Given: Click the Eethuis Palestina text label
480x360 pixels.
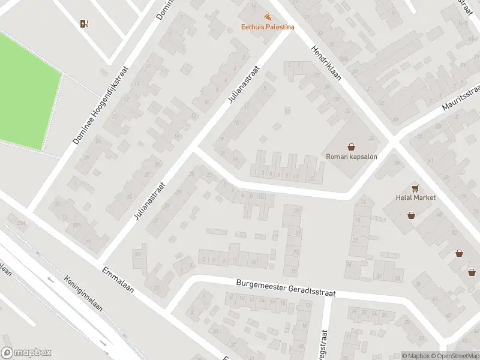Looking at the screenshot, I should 268,26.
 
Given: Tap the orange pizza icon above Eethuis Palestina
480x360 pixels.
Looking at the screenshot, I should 268,17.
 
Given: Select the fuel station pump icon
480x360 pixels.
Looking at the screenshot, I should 83,24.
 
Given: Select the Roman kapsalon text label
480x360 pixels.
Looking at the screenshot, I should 350,157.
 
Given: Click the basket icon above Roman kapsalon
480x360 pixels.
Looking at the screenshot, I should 351,146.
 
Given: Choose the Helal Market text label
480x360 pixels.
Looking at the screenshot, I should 415,197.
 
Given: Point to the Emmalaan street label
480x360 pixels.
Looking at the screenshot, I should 118,281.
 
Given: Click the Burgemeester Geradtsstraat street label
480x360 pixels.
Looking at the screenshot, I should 285,288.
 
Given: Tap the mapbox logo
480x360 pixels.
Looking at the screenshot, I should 26,353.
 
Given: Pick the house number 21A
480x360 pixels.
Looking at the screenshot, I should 22,223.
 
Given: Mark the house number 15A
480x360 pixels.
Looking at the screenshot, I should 77,225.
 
